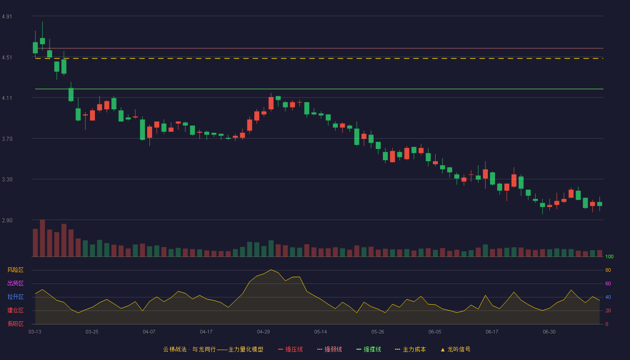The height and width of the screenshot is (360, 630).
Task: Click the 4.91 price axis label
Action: [7, 17]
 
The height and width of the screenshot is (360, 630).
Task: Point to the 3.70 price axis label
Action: [7, 139]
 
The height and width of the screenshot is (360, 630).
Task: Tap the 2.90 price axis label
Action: [7, 220]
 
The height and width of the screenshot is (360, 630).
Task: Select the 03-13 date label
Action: [35, 332]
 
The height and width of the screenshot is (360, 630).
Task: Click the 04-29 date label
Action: [263, 332]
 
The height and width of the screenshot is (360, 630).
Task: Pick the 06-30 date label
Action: [549, 332]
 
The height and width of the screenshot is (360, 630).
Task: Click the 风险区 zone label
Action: [15, 270]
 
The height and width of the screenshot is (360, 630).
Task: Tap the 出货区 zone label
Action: [15, 283]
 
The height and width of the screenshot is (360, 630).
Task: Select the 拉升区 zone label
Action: [15, 297]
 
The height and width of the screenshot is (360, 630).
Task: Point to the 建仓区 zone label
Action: [15, 310]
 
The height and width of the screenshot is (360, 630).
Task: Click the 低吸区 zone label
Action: [15, 324]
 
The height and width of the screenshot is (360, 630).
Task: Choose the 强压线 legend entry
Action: [290, 350]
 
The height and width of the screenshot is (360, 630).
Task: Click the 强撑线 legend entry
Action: [369, 350]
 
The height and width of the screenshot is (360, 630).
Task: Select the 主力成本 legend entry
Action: [410, 350]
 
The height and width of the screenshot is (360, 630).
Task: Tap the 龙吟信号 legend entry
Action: [455, 350]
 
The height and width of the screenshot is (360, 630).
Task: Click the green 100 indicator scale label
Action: [609, 256]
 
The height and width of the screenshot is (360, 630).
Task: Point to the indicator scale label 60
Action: [608, 283]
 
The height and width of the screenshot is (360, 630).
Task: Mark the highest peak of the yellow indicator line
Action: [271, 270]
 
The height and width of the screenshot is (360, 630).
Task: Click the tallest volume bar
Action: [42, 238]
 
